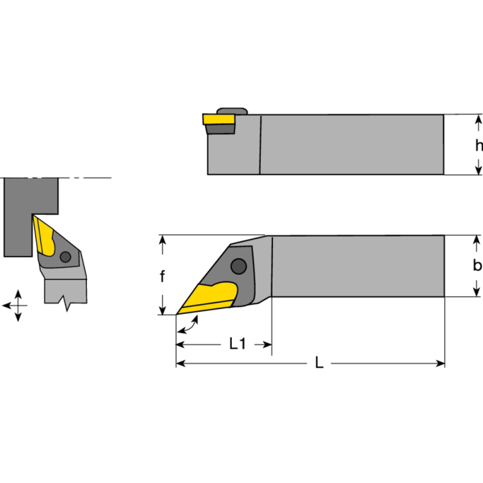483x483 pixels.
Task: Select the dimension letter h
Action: pyautogui.click(x=478, y=146)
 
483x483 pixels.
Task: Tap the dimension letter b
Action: pyautogui.click(x=477, y=266)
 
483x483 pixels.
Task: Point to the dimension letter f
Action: pyautogui.click(x=162, y=277)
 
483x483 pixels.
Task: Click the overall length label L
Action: pyautogui.click(x=319, y=363)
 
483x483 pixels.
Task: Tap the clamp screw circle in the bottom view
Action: pyautogui.click(x=240, y=266)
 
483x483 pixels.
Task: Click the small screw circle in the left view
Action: pyautogui.click(x=65, y=257)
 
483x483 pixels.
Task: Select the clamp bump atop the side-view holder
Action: pyautogui.click(x=232, y=110)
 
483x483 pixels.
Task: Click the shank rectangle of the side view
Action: pyautogui.click(x=350, y=144)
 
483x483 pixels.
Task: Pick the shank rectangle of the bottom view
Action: pyautogui.click(x=356, y=266)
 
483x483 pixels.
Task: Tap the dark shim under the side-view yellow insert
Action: pyautogui.click(x=220, y=129)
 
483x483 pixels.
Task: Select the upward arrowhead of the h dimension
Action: pyautogui.click(x=478, y=120)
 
